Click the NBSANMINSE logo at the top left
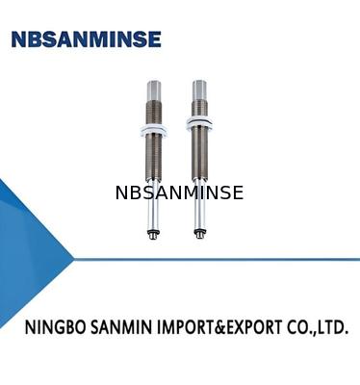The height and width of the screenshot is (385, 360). (x=87, y=39)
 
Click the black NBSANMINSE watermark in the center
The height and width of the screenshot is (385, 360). (x=179, y=192)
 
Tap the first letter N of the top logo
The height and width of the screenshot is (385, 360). (x=18, y=39)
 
